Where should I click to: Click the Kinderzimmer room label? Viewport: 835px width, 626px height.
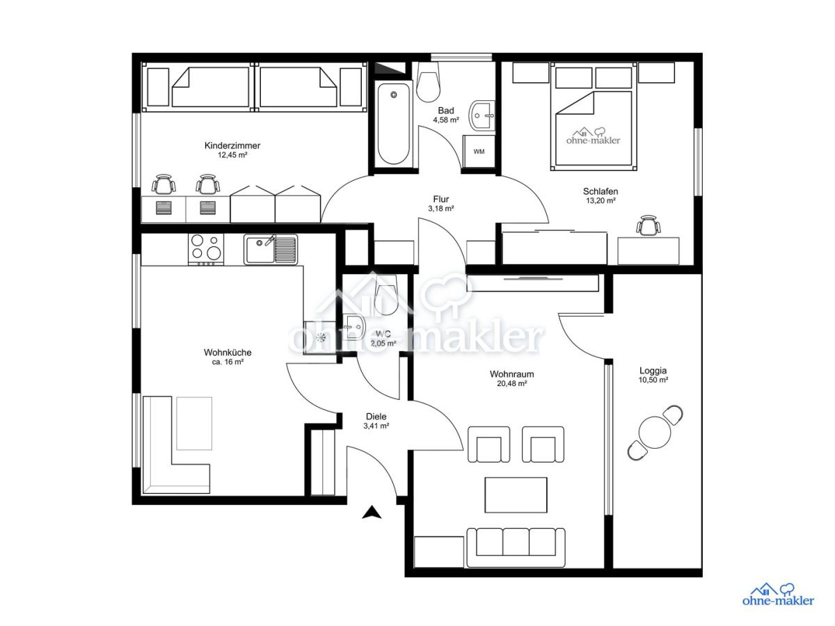click(232, 145)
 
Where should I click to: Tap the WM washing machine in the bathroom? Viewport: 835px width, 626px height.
click(479, 151)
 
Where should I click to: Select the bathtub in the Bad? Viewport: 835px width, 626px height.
click(393, 124)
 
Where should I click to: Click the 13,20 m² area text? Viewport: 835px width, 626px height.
click(601, 201)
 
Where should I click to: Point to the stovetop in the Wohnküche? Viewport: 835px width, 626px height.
click(206, 249)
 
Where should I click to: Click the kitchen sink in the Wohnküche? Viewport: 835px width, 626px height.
click(271, 249)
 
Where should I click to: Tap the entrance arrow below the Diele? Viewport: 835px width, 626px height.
click(372, 513)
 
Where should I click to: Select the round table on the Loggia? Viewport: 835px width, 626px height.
click(655, 433)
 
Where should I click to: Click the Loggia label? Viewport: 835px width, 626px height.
click(653, 371)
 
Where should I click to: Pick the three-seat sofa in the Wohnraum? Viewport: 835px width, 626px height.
click(516, 547)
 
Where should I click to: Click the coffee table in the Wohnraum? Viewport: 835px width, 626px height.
click(516, 495)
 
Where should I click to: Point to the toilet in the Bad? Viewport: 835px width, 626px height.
click(428, 83)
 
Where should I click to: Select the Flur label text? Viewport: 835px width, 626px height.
click(440, 199)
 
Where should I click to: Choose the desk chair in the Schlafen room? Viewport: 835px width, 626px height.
click(648, 225)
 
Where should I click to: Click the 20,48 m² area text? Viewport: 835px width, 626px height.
click(511, 383)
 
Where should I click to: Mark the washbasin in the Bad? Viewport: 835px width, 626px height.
click(482, 115)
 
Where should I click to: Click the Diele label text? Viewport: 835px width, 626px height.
click(376, 417)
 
